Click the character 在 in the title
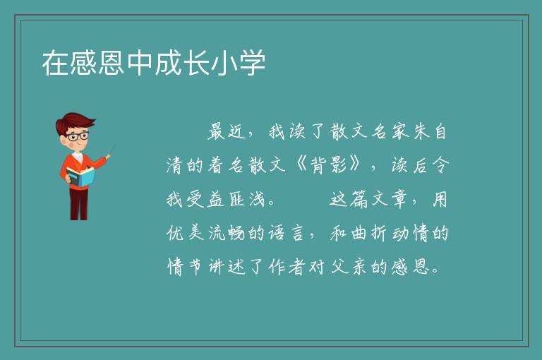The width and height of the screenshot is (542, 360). point(55,63)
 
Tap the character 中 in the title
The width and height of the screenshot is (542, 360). point(140,63)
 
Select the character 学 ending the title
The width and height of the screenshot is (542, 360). point(253,63)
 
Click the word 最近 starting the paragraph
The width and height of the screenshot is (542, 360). point(227,132)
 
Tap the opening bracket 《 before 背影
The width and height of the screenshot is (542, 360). point(299,164)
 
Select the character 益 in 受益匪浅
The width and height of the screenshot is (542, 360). point(216,199)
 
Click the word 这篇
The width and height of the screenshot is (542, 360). point(349,199)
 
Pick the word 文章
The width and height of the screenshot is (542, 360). point(390,199)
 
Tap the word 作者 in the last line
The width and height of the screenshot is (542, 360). point(287,267)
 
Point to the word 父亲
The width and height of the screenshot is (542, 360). point(349,267)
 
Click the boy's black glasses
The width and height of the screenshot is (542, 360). point(77,136)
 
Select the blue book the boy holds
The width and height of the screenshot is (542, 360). point(80,177)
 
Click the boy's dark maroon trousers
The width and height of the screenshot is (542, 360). point(78,204)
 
